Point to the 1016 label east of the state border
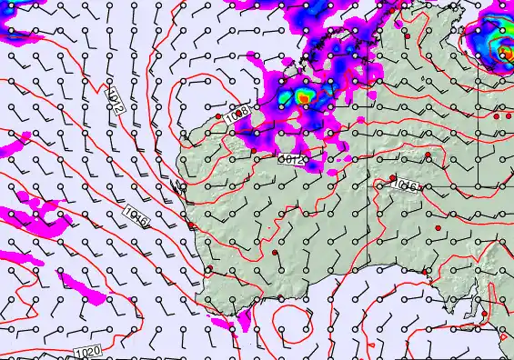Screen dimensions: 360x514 [405, 186]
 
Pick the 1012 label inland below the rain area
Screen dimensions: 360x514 [291, 160]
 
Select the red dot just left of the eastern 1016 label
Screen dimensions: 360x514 [392, 178]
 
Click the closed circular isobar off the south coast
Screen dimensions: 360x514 [290, 322]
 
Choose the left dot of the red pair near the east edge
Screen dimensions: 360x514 [496, 116]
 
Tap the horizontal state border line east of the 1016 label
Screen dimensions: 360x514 [464, 187]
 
